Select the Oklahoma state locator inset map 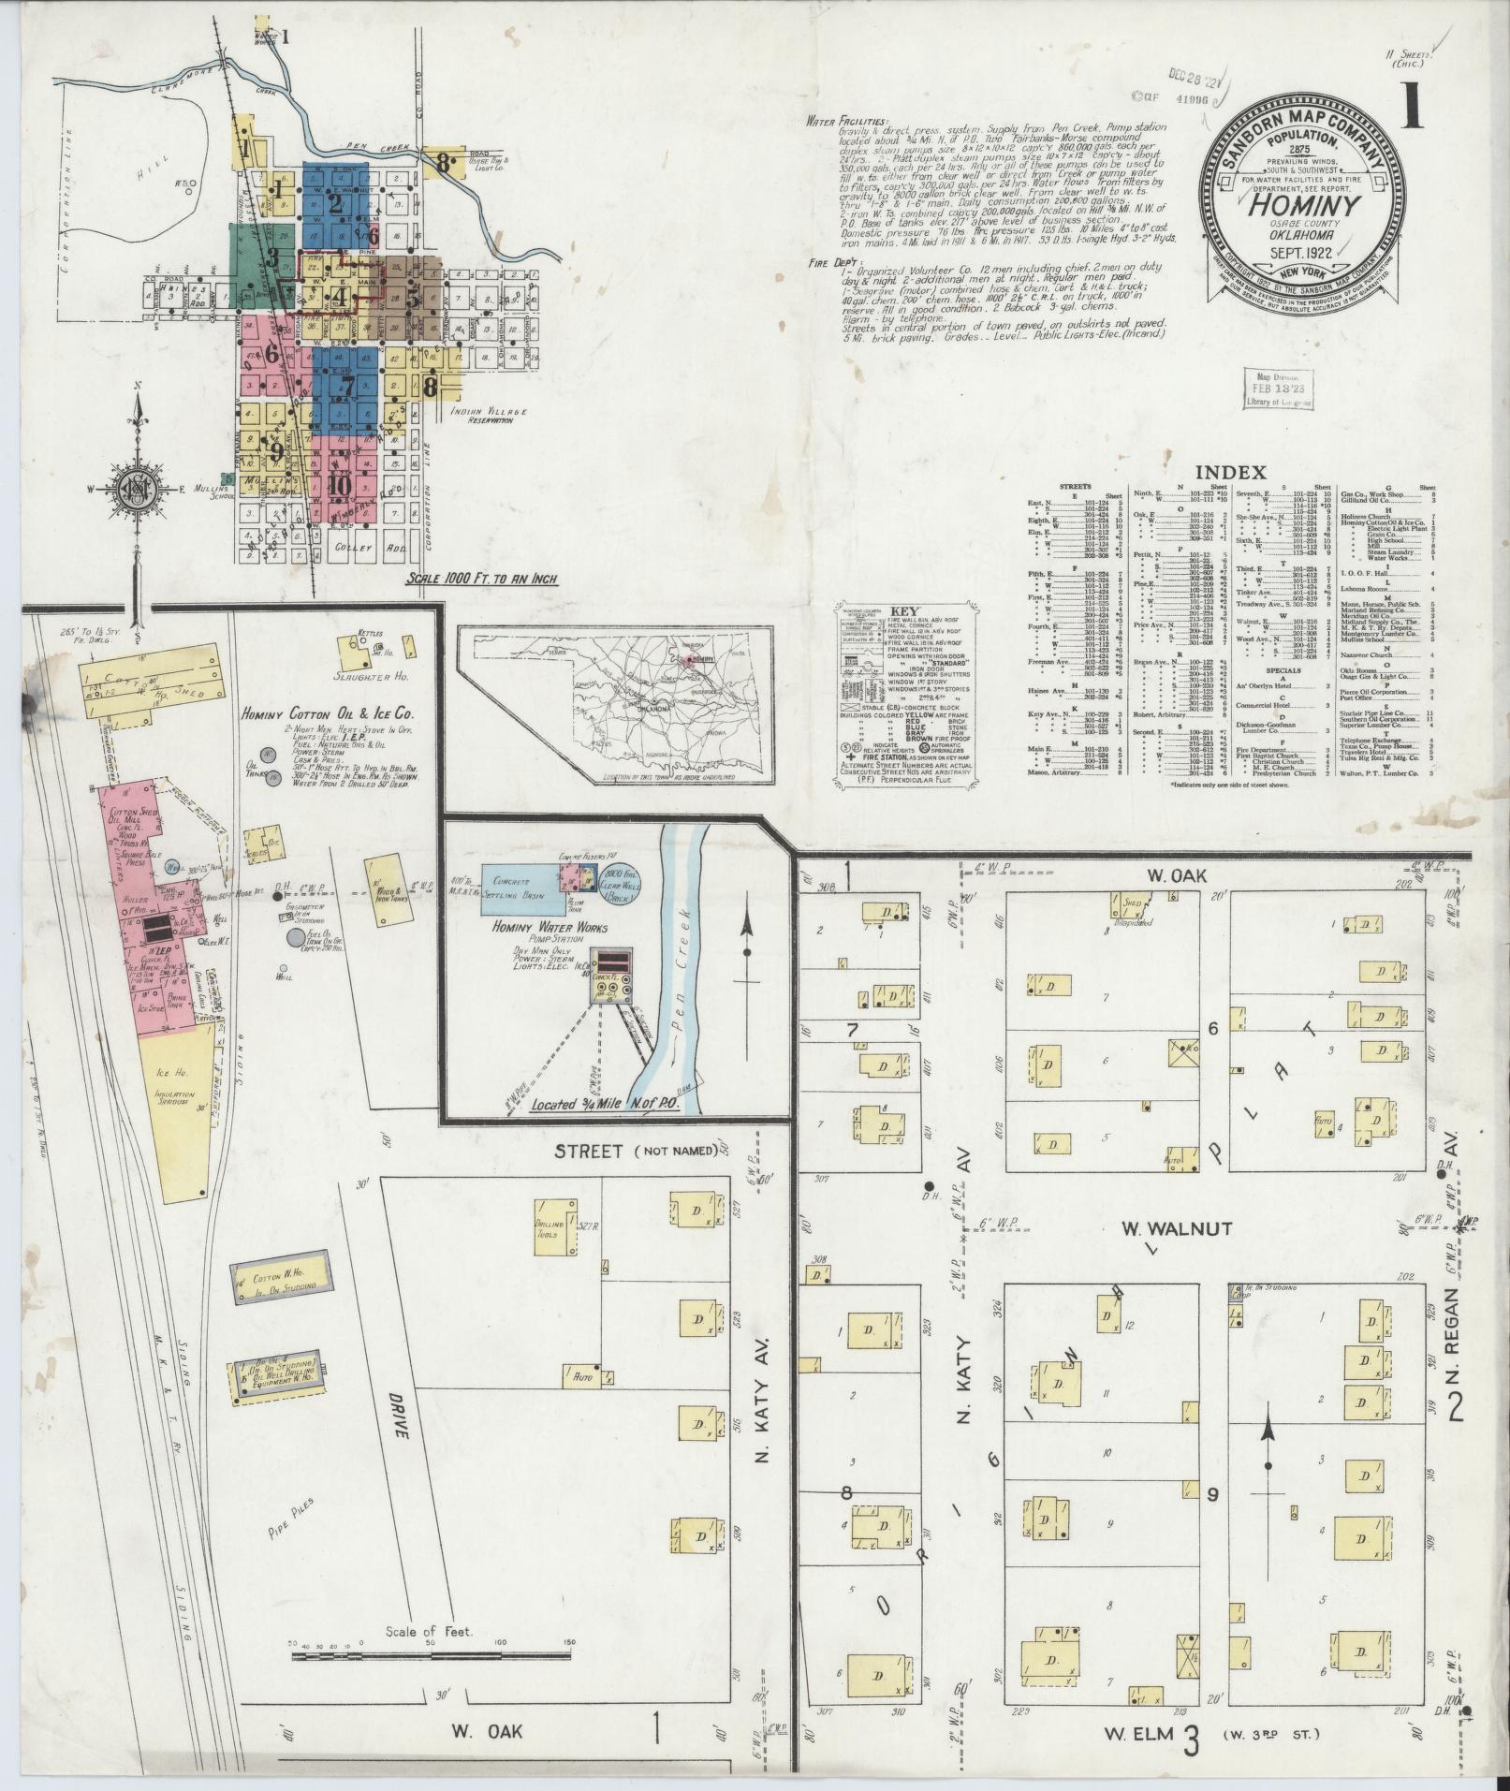[x=614, y=705]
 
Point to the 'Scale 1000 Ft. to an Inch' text [x=482, y=579]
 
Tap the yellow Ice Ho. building [x=178, y=1094]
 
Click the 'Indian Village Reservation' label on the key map [x=489, y=416]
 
